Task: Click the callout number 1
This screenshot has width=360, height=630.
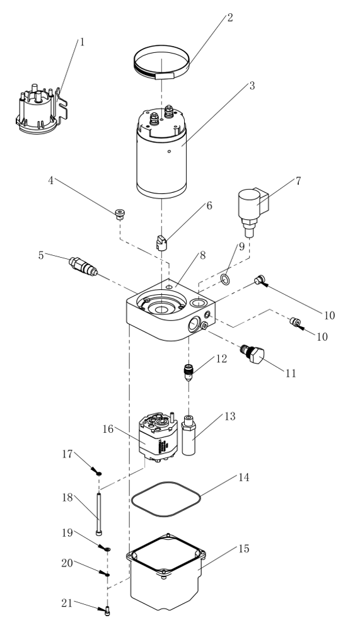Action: (x=82, y=42)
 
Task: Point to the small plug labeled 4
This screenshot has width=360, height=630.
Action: (x=119, y=214)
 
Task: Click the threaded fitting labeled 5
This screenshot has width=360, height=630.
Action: (x=83, y=266)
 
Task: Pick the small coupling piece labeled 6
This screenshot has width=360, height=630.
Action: (x=161, y=243)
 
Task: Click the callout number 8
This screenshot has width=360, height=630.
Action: (x=202, y=255)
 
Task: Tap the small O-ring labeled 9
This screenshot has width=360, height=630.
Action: (x=226, y=280)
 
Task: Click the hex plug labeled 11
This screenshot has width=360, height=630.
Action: (x=253, y=353)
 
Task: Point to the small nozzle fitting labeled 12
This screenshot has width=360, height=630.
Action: (x=189, y=372)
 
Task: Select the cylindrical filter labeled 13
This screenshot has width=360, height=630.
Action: (x=189, y=435)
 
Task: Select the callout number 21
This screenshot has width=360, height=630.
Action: (x=67, y=603)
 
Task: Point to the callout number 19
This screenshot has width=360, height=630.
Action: (x=67, y=533)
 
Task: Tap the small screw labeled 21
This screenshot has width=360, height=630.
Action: (x=107, y=612)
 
